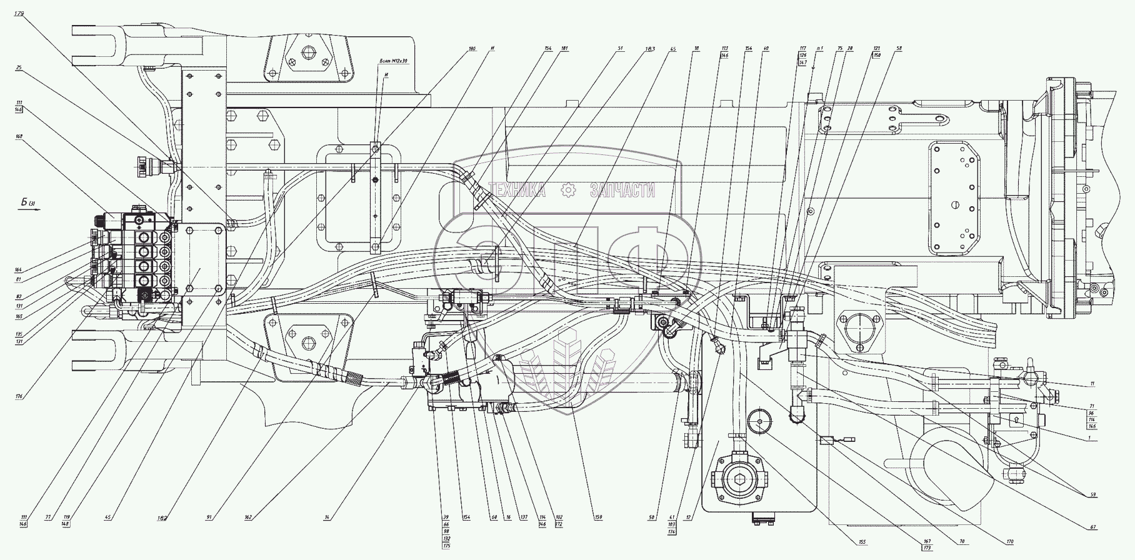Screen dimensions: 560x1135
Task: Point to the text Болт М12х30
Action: pos(392,61)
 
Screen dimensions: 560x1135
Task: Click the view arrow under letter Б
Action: pos(29,211)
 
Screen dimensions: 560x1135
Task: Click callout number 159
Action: pos(598,518)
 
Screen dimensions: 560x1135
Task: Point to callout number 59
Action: pos(1092,496)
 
